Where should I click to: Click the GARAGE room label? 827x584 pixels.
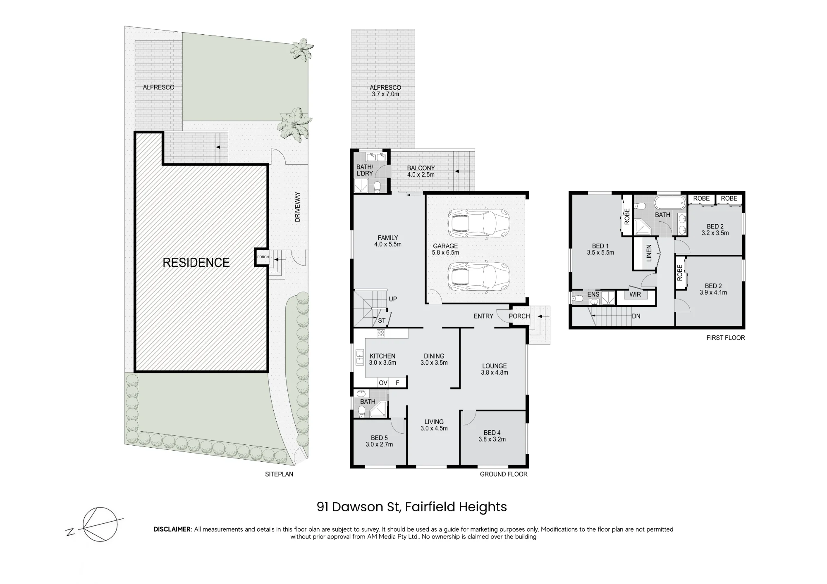445,246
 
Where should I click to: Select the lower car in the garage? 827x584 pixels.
479,276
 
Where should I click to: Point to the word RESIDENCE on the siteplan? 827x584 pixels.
196,263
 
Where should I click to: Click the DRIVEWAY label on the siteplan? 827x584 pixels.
297,207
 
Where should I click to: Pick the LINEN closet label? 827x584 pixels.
649,253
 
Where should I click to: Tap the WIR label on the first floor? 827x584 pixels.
635,294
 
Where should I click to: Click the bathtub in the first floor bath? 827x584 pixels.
669,203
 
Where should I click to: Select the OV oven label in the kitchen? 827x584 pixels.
383,383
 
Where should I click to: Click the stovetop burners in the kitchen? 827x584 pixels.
381,333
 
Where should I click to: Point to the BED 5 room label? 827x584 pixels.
379,438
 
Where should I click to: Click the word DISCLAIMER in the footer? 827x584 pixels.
173,529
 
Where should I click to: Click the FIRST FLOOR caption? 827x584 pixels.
726,338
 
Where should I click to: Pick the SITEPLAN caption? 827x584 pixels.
279,474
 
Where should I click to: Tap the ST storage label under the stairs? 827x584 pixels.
382,320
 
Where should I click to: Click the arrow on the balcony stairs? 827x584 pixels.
464,171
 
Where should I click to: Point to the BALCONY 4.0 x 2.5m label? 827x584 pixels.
421,171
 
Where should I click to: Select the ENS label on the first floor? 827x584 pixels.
593,294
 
